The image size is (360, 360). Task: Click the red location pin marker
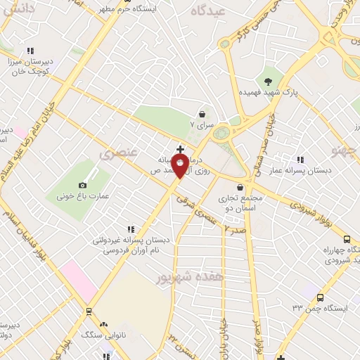click(181, 165)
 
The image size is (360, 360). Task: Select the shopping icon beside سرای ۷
click(203, 113)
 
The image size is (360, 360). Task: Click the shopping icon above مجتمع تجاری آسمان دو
click(242, 187)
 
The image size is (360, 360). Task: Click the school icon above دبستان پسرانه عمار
click(301, 160)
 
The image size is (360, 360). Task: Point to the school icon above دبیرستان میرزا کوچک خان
click(30, 51)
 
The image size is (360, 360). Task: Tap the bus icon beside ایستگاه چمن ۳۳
click(320, 298)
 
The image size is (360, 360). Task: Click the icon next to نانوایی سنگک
click(104, 324)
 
